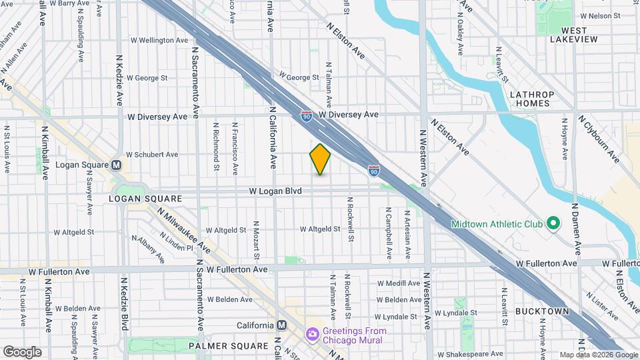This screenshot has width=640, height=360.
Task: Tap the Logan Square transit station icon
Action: pyautogui.click(x=117, y=165)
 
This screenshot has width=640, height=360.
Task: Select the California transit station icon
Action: pyautogui.click(x=281, y=325)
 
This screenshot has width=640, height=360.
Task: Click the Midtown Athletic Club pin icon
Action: pyautogui.click(x=552, y=223)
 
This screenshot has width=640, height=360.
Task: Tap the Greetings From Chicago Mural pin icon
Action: pyautogui.click(x=311, y=334)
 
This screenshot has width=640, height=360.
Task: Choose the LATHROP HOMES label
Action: pyautogui.click(x=530, y=99)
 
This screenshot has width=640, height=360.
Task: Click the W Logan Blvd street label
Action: pyautogui.click(x=275, y=191)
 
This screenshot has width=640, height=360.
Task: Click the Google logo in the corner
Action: pyautogui.click(x=22, y=351)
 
